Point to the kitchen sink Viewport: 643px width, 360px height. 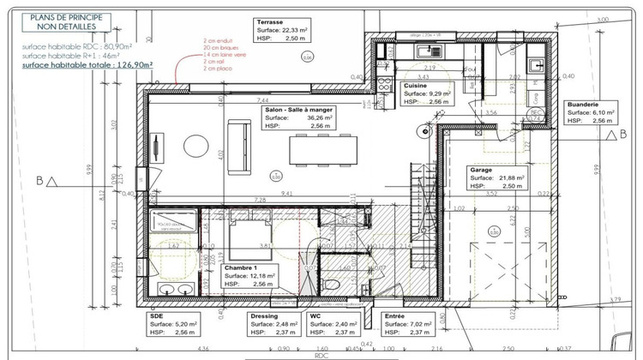(x=426, y=52)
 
